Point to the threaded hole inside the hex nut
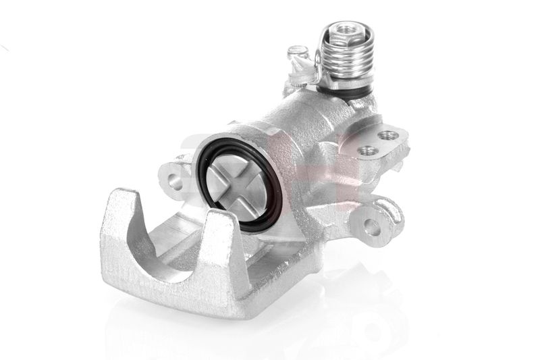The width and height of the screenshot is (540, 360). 344,30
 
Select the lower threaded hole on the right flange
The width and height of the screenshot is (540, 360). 367,150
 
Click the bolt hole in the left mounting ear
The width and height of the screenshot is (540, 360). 174,181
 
